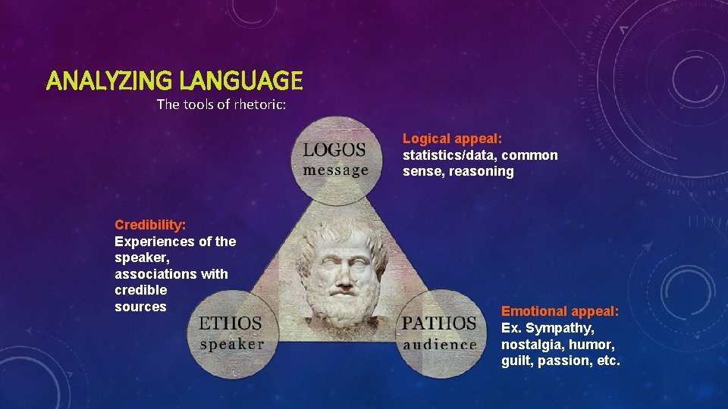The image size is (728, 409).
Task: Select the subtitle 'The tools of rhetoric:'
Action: click(221, 104)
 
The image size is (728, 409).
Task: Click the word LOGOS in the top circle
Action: click(334, 150)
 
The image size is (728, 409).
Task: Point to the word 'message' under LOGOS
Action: click(335, 170)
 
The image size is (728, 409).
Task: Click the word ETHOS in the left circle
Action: click(230, 323)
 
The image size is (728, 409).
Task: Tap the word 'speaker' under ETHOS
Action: click(231, 343)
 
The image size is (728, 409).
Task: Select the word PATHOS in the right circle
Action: click(439, 323)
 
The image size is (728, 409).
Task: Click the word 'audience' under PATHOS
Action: click(440, 343)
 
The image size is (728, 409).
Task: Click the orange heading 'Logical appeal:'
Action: click(453, 139)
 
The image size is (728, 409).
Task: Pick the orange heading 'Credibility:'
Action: click(150, 225)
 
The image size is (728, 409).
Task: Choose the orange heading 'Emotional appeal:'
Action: click(560, 311)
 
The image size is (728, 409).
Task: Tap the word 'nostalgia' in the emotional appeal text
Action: click(529, 345)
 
